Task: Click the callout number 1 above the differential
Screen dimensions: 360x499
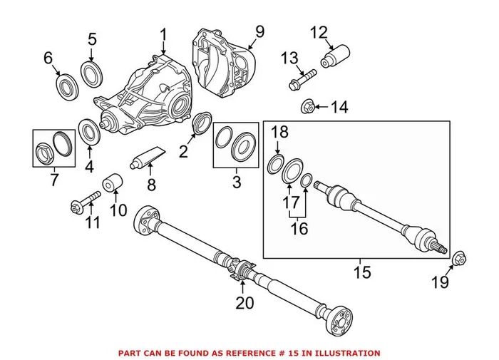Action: (x=163, y=34)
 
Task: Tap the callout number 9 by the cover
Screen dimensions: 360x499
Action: (x=259, y=31)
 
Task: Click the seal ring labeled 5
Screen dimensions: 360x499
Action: (x=91, y=72)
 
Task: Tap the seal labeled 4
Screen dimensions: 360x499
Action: (x=89, y=131)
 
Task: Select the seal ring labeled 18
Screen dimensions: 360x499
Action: (x=276, y=163)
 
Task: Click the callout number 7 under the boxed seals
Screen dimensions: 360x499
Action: (x=54, y=179)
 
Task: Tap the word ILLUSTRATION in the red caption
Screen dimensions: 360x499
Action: (x=341, y=353)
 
